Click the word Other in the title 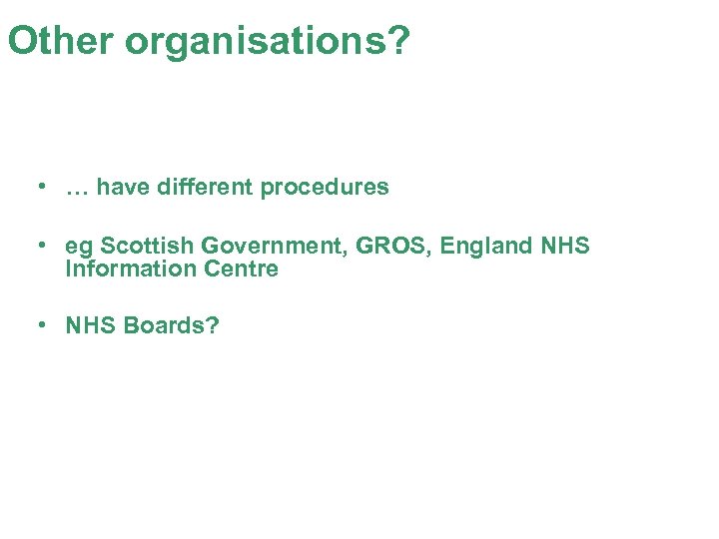(61, 41)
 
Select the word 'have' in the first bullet (123, 187)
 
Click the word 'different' (204, 187)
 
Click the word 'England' (483, 246)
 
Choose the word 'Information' (131, 269)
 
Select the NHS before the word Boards (91, 325)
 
